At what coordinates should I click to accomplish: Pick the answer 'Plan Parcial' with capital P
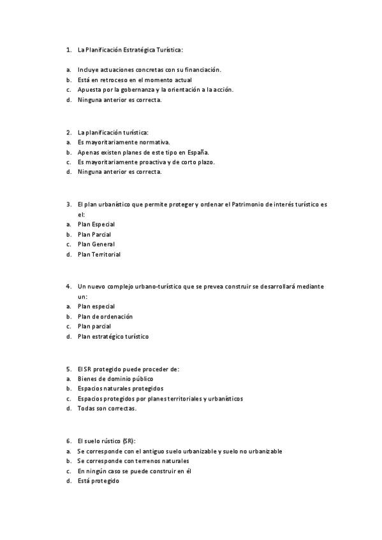[94, 234]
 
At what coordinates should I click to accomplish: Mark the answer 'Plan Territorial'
[99, 254]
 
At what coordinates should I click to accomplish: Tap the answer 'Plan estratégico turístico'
[113, 336]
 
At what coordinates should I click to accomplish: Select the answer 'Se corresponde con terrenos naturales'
[133, 460]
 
